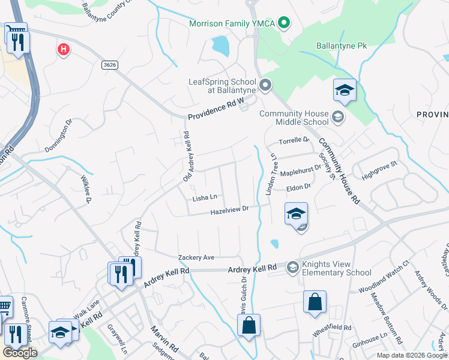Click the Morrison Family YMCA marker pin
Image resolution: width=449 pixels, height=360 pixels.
click(x=285, y=23)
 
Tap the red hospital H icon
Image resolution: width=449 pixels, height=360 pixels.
click(x=63, y=49)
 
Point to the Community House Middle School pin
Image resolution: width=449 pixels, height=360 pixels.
click(x=338, y=117)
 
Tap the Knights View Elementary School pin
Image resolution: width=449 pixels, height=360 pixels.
click(x=293, y=267)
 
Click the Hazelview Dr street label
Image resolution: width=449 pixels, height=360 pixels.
click(x=229, y=210)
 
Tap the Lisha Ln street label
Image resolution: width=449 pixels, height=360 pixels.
click(x=205, y=197)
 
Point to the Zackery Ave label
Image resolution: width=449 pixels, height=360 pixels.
click(x=196, y=257)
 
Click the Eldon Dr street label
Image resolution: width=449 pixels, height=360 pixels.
click(x=298, y=187)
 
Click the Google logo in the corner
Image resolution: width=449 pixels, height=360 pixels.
click(x=20, y=353)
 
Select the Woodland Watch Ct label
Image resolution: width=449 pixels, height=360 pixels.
click(x=384, y=277)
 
